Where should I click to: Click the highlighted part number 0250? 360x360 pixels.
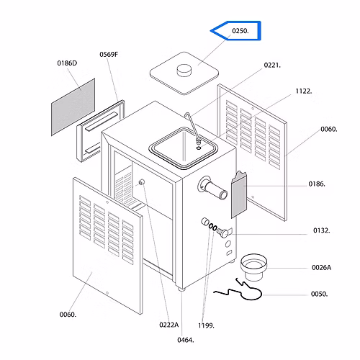click(240, 31)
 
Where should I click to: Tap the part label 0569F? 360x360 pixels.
click(109, 55)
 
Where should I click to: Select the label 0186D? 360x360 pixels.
click(67, 63)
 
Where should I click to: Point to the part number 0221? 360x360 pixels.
click(272, 65)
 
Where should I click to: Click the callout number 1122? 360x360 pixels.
click(304, 91)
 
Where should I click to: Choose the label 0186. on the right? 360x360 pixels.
click(317, 184)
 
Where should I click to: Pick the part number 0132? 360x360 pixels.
click(322, 230)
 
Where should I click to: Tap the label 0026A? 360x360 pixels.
click(321, 268)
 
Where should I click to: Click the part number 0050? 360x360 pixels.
click(320, 294)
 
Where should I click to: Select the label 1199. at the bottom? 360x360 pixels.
click(206, 325)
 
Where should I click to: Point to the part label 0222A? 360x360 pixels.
click(169, 325)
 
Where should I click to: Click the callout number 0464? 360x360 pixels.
click(186, 340)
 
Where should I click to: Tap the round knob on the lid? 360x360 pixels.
click(184, 70)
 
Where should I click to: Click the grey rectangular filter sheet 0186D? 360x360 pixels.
click(73, 107)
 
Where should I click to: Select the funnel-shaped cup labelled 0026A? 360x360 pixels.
click(253, 267)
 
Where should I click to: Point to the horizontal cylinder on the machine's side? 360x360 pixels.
click(214, 189)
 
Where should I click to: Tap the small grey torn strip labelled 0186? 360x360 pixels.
click(239, 194)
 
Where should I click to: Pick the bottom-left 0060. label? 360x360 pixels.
click(68, 315)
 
